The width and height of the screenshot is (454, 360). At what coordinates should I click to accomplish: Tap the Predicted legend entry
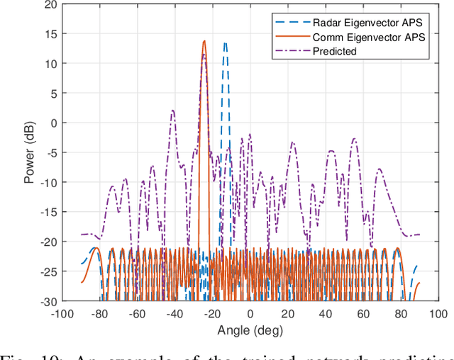click(337, 51)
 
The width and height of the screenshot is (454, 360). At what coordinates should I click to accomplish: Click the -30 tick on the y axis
click(49, 301)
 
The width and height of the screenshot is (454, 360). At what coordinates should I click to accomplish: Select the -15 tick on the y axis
click(49, 212)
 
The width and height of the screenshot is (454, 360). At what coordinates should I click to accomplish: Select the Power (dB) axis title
click(30, 153)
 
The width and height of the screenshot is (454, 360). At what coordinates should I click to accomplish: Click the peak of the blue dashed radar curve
click(225, 43)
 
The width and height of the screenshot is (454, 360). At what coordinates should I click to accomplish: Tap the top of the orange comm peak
click(204, 41)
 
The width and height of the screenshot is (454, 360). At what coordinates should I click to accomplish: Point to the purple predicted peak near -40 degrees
click(172, 110)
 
